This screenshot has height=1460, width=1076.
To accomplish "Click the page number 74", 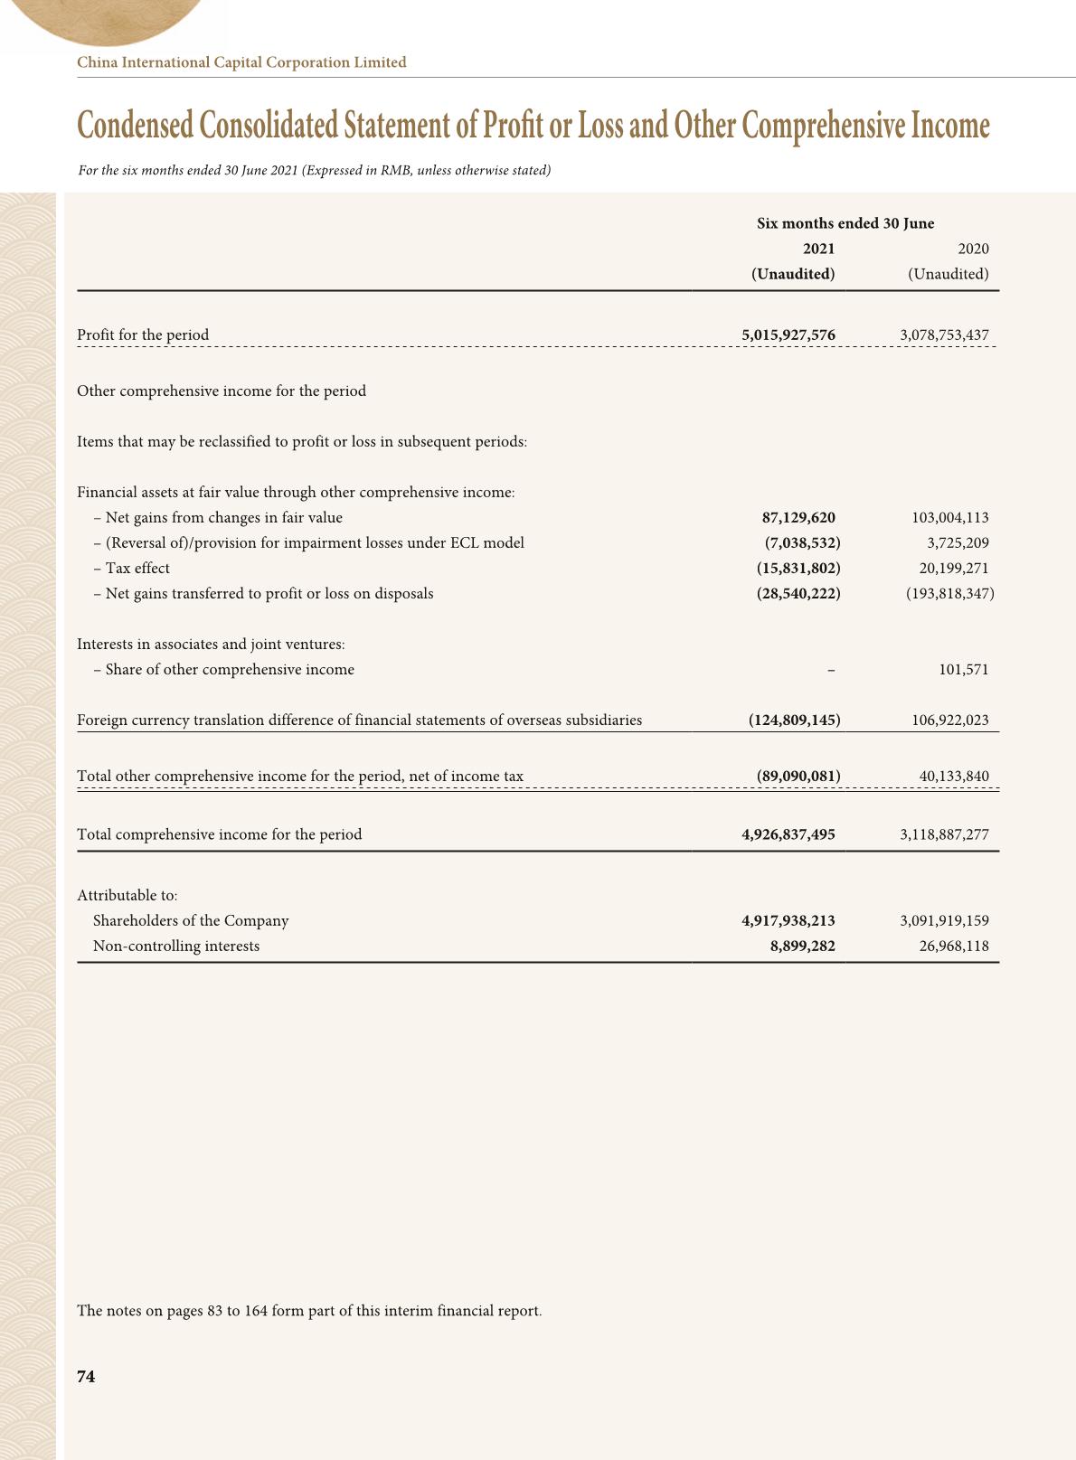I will [x=86, y=1376].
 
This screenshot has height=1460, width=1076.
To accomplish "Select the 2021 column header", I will [x=818, y=249].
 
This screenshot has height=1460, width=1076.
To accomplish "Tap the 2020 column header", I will [x=973, y=249].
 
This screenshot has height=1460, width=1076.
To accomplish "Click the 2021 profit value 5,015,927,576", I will [x=788, y=334].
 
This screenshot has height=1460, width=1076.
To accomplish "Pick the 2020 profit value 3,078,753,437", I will [x=944, y=334].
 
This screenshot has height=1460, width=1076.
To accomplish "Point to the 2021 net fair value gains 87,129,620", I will [x=798, y=518].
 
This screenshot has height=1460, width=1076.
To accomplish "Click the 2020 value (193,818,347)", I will [x=949, y=594].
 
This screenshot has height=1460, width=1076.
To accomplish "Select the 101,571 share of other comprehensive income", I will [x=963, y=670].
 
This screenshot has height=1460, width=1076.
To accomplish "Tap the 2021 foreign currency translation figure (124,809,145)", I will [x=794, y=721].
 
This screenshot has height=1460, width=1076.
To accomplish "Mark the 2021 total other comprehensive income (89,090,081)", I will [x=798, y=776].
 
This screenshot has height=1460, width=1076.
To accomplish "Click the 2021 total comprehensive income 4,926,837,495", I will [x=788, y=834].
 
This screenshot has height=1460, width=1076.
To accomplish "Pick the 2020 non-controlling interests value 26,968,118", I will [x=954, y=947].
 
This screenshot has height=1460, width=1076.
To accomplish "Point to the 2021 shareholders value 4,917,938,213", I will [x=788, y=921].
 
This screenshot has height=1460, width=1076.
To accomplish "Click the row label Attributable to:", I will [x=127, y=896].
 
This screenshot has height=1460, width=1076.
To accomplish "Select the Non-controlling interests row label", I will [x=176, y=947].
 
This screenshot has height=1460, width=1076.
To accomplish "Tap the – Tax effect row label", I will [x=132, y=569].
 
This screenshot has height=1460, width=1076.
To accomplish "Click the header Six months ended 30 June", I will [x=845, y=223].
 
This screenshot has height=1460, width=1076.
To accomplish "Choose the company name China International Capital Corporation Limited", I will [x=241, y=62].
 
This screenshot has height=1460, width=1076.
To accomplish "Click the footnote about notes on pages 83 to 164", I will [x=309, y=1311].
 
